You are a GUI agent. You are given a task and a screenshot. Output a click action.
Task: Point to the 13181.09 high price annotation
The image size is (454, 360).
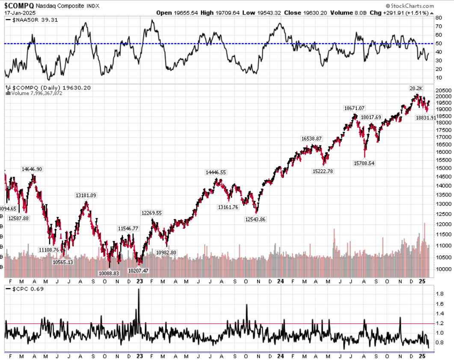pyautogui.click(x=86, y=195)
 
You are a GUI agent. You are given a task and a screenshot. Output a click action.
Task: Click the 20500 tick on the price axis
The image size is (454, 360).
pyautogui.click(x=445, y=90)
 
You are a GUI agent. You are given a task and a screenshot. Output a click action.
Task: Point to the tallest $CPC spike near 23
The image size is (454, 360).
pyautogui.click(x=139, y=290)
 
